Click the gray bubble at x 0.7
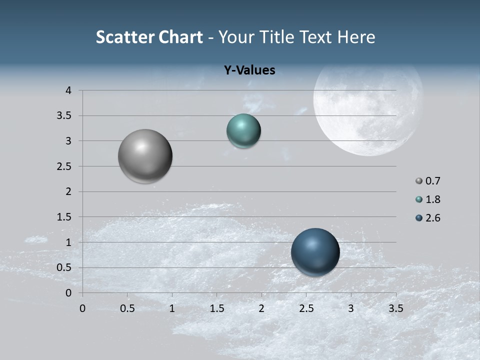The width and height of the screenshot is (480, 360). click(145, 156)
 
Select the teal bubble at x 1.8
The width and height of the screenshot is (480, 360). click(243, 130)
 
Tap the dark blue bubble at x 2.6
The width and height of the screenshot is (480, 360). click(315, 252)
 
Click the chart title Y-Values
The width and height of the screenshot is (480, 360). click(249, 70)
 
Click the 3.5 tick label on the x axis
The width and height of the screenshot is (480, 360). click(396, 308)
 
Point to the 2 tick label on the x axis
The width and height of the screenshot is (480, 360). click(261, 308)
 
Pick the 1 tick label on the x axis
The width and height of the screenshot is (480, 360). click(172, 308)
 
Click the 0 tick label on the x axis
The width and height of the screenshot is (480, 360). click(82, 308)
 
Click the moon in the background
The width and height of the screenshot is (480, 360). click(368, 107)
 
